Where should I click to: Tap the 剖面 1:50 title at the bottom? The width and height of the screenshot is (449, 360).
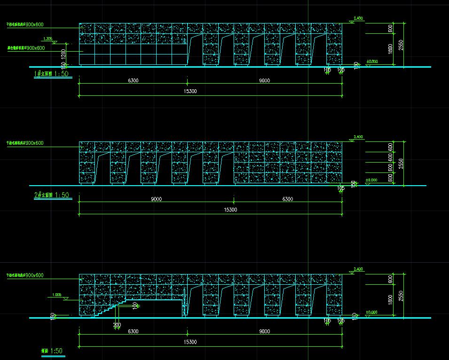(52, 351)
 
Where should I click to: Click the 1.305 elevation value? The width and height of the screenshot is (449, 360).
(47, 39)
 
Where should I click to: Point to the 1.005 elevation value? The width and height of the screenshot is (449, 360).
(55, 295)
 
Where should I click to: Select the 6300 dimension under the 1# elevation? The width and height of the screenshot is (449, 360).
(133, 80)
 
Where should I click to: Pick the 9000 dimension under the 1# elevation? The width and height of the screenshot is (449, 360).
(264, 80)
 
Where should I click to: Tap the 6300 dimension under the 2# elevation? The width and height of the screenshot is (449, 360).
(287, 199)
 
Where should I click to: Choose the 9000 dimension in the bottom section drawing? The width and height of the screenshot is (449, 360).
(264, 331)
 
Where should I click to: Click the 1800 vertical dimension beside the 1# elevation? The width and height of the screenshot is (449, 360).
(391, 48)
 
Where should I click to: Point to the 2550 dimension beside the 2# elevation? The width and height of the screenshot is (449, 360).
(401, 163)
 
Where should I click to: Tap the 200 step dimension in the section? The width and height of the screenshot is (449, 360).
(117, 324)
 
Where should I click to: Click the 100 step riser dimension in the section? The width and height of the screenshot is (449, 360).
(135, 306)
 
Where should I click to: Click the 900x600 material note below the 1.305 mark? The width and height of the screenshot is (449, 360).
(26, 48)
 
